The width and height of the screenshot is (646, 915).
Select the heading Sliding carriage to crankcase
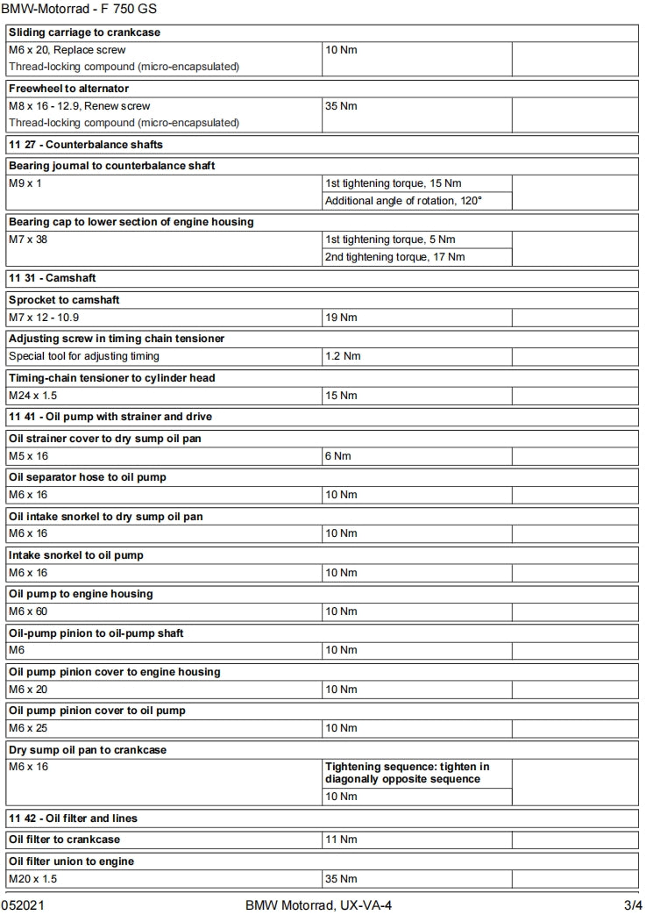(x=84, y=32)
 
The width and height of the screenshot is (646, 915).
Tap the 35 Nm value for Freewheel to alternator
(x=341, y=106)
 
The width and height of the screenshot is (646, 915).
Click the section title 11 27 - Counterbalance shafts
(x=86, y=144)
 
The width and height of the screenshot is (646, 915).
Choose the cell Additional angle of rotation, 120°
(x=404, y=201)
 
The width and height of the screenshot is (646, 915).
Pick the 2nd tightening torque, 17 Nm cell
(x=395, y=257)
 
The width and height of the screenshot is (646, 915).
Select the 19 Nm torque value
(x=341, y=318)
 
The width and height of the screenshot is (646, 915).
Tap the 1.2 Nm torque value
(x=343, y=356)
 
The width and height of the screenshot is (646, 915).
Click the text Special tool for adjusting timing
(x=84, y=356)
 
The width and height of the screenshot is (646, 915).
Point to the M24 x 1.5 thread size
(x=32, y=396)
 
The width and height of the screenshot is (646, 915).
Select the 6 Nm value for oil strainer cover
(x=337, y=456)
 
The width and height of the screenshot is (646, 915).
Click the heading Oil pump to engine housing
(x=81, y=594)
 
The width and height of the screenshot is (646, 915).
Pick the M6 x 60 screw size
(x=28, y=611)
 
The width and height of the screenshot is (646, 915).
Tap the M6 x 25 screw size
(x=28, y=728)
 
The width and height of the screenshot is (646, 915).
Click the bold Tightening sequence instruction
(x=407, y=773)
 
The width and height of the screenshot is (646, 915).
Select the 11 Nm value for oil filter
(x=341, y=840)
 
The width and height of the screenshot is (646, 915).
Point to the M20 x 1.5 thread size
(x=32, y=879)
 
